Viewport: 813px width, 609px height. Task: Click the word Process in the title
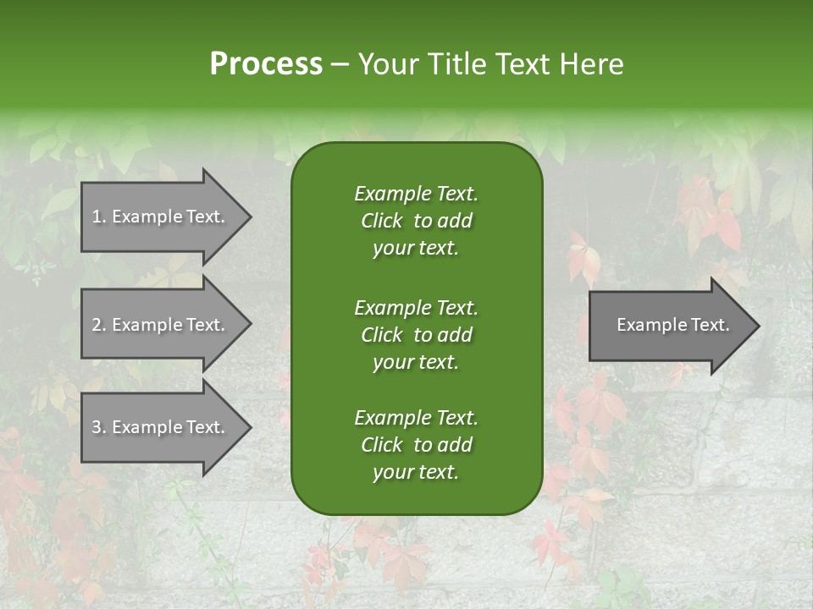pos(266,64)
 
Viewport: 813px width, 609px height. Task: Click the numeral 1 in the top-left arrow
pos(96,217)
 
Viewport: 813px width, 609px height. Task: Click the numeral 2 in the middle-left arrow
pos(96,325)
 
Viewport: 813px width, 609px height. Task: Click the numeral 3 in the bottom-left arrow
pos(96,428)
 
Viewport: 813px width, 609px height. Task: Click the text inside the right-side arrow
pos(673,325)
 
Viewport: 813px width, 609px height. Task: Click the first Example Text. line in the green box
pos(416,194)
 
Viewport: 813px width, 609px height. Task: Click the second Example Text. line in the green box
pos(416,307)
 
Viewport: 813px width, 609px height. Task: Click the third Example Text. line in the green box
pos(416,418)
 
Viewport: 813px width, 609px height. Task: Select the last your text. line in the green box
pos(416,473)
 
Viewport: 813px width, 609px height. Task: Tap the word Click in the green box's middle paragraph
pos(382,335)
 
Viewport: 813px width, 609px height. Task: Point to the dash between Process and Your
pos(340,64)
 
